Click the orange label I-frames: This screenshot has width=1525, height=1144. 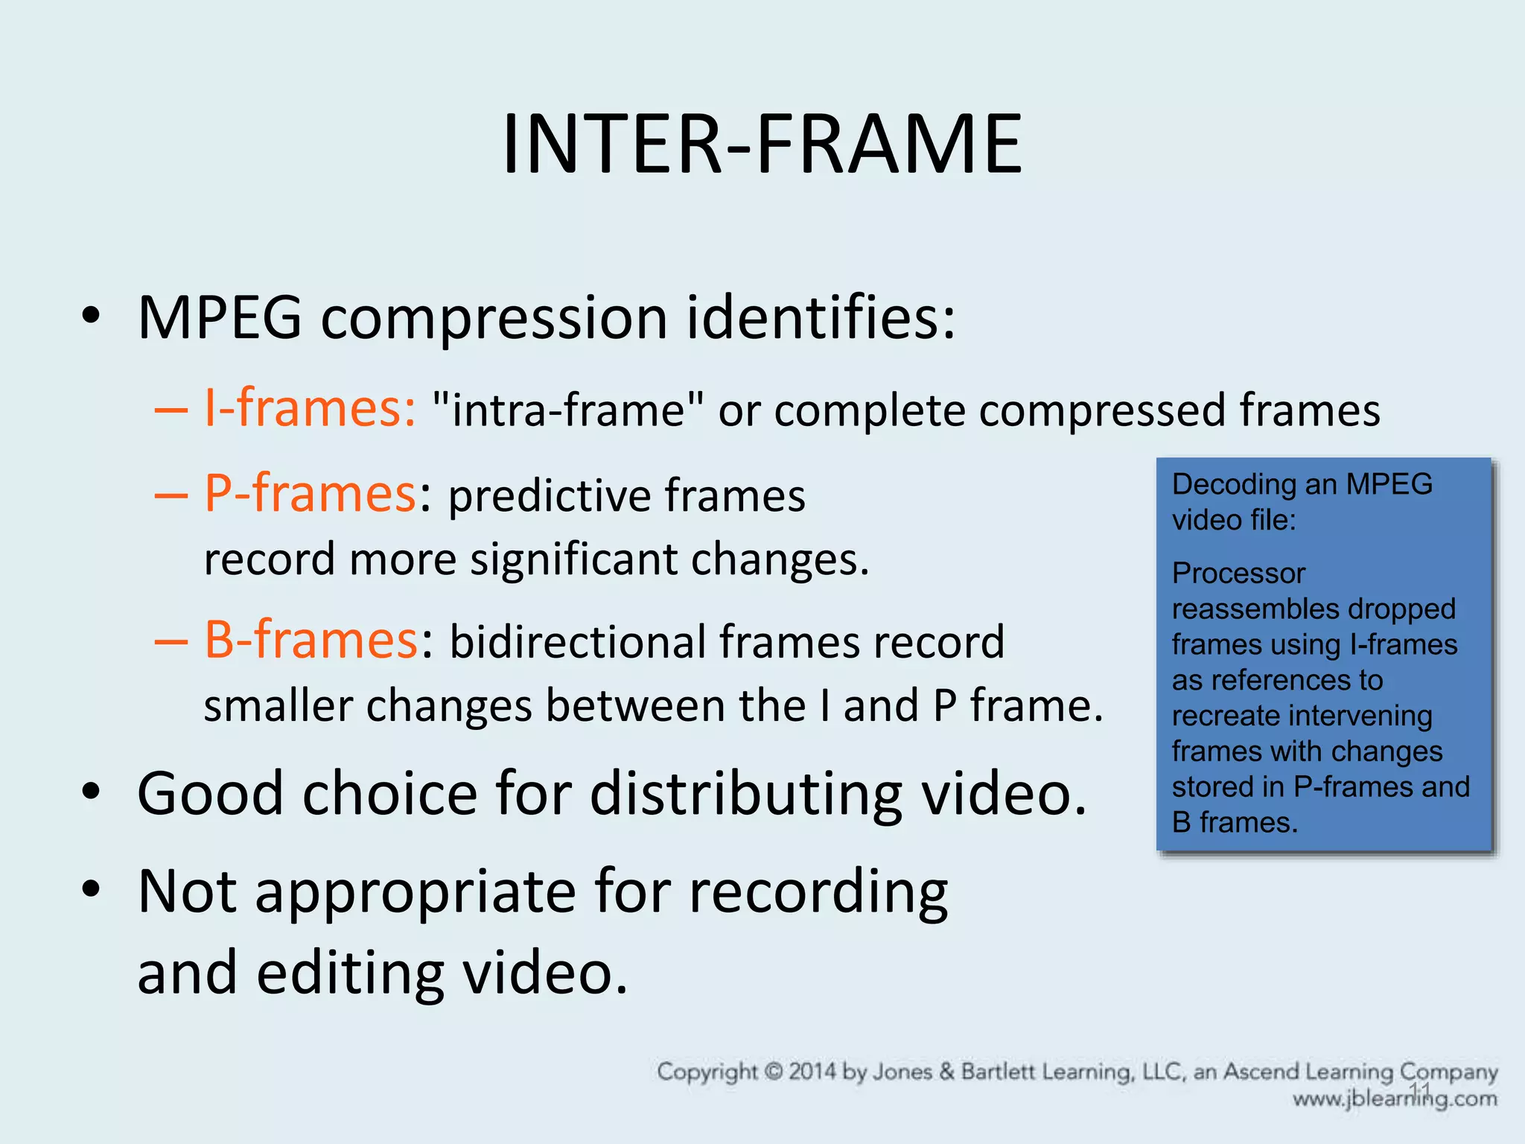309,409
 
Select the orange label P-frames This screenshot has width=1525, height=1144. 309,494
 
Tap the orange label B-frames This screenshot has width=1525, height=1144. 311,640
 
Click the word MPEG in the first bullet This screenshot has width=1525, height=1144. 220,318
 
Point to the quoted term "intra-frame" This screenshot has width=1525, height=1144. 567,410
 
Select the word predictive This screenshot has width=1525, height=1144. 550,496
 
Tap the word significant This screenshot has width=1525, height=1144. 573,559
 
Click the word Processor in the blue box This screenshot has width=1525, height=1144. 1238,573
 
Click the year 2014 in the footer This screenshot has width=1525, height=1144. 813,1072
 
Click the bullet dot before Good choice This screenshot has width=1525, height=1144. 91,792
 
